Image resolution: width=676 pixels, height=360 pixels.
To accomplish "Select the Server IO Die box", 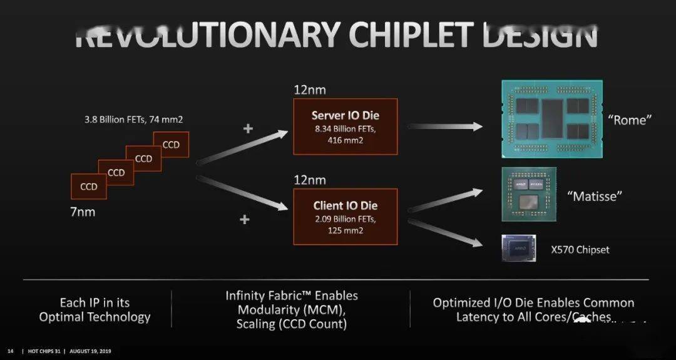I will (x=345, y=126).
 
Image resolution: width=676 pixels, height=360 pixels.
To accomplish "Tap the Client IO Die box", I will (x=345, y=216).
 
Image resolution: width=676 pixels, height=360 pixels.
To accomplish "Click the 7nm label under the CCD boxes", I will (x=83, y=212).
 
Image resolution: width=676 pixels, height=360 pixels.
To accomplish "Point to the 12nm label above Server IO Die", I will (x=309, y=90).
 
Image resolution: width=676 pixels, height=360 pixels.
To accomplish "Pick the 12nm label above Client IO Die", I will (x=309, y=180).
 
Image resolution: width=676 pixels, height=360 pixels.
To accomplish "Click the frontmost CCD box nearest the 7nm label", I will (x=88, y=187).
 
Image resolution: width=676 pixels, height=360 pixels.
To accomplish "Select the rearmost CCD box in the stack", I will (x=171, y=145).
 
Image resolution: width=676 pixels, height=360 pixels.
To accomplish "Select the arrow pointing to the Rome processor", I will (x=446, y=126).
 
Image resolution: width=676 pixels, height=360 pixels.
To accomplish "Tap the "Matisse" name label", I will (x=595, y=196).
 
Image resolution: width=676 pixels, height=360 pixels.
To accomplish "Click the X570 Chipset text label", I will (x=580, y=250).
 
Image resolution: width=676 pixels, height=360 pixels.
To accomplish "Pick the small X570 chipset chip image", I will (x=520, y=248).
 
